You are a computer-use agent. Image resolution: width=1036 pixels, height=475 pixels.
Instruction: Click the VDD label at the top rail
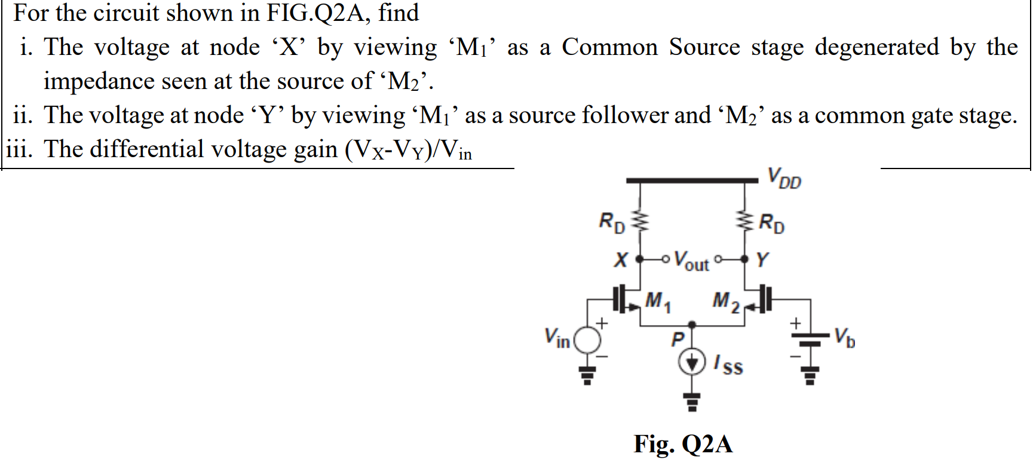[x=784, y=178]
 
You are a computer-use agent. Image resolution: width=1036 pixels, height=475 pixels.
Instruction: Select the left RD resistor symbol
[x=640, y=222]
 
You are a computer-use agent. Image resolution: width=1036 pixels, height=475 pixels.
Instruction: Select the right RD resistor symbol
[x=744, y=222]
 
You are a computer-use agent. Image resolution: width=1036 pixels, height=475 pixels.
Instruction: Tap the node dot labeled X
[x=640, y=260]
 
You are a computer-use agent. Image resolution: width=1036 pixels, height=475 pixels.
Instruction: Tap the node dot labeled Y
[x=744, y=259]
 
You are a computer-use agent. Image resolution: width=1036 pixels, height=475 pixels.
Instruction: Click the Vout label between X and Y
[x=691, y=261]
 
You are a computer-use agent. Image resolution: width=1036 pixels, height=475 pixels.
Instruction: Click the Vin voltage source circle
[x=587, y=341]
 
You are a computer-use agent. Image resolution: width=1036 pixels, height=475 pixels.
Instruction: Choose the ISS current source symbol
[x=692, y=362]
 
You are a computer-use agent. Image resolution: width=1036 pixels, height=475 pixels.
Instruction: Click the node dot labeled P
[x=692, y=325]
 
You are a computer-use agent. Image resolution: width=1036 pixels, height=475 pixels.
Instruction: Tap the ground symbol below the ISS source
[x=692, y=404]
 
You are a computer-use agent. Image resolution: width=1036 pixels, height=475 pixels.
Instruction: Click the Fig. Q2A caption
[x=683, y=444]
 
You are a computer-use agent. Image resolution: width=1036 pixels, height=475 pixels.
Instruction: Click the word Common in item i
[x=609, y=47]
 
